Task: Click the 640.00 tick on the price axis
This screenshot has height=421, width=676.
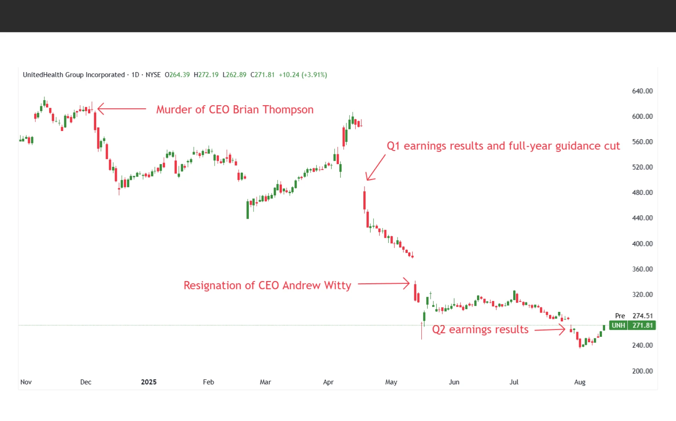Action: click(642, 91)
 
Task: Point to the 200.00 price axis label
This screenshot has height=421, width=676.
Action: click(642, 371)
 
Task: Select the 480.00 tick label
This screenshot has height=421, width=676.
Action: click(642, 192)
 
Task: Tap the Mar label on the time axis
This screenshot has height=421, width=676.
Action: click(265, 382)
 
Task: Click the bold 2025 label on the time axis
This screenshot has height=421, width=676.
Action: click(149, 382)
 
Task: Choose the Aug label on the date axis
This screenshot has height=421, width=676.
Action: click(579, 382)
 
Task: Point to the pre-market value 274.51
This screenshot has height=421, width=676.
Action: click(643, 316)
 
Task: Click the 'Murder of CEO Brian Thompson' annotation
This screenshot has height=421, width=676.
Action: click(235, 110)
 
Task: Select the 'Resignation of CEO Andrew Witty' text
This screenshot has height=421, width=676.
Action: click(267, 285)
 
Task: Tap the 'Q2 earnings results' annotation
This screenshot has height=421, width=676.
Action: click(480, 329)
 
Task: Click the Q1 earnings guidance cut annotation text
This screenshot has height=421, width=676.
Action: click(503, 146)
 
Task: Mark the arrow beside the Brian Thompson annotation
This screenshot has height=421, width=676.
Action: click(121, 109)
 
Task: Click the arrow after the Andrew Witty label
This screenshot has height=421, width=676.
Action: click(384, 283)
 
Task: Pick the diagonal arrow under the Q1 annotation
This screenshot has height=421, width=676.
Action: click(375, 168)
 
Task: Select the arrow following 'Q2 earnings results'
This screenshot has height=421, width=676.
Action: click(549, 330)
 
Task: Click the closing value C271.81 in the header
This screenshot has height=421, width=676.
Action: click(262, 75)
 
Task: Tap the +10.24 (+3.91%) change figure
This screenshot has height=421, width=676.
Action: click(303, 75)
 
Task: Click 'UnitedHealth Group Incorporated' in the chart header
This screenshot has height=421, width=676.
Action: click(74, 75)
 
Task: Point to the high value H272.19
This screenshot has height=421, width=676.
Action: click(206, 75)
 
